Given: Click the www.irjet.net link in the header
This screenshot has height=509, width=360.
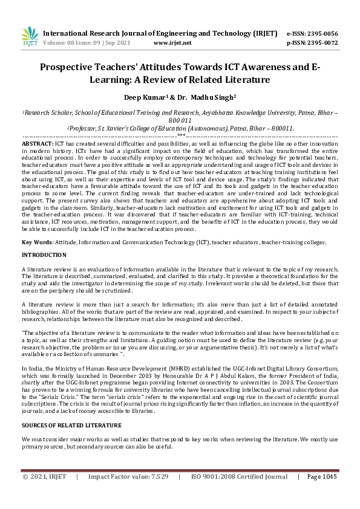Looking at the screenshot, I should click(172, 43).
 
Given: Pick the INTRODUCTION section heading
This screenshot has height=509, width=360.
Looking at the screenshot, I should click(44, 256).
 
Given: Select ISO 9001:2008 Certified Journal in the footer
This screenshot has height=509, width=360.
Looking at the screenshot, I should click(238, 494).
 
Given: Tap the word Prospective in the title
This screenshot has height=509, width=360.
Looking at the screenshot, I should click(76, 68).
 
